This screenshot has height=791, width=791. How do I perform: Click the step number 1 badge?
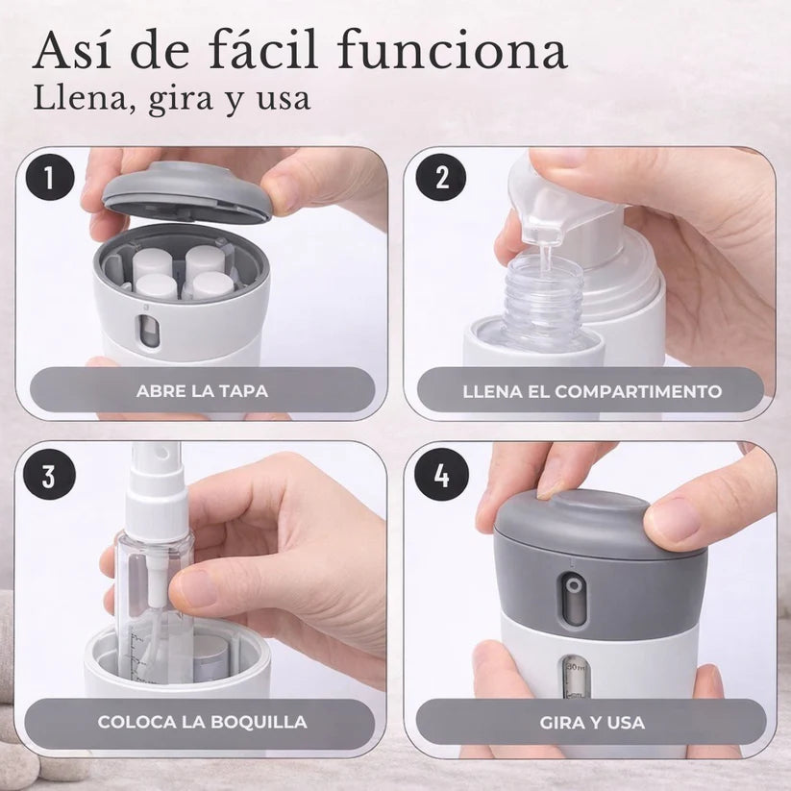50,180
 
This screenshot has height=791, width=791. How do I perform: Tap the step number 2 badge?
442,180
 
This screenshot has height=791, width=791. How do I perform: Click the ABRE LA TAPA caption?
202,391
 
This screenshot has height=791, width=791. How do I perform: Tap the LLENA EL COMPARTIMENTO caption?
592,391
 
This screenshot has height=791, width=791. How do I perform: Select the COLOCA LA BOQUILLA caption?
202,721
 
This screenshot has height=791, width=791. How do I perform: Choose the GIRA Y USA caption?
592,721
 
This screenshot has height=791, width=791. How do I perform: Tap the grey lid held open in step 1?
187,190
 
